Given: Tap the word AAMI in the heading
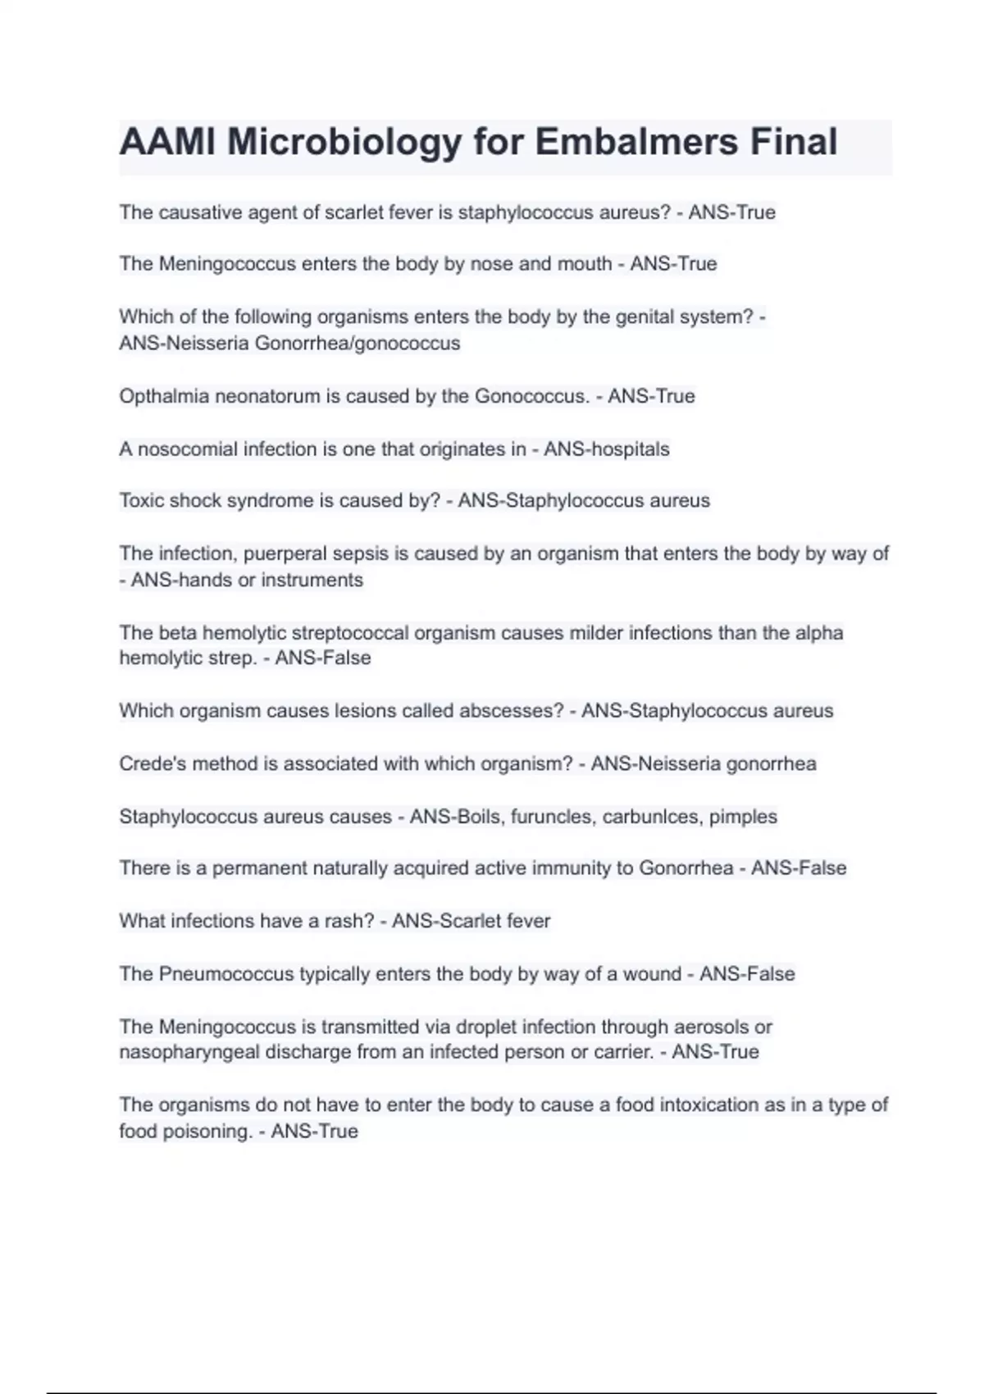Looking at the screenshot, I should click(167, 142).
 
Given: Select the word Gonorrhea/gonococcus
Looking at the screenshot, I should click(358, 343).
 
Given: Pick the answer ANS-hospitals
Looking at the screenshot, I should click(607, 449).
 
